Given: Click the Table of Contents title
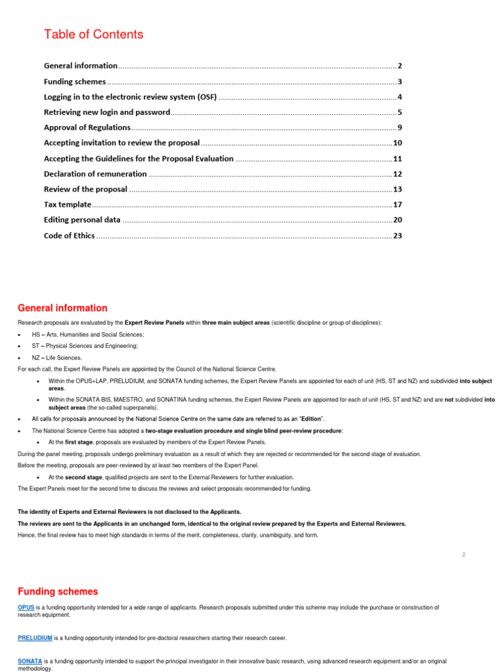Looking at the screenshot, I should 93,34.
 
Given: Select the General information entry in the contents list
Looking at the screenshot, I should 81,66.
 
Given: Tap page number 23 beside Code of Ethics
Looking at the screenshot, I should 397,236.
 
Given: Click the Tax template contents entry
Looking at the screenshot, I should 68,205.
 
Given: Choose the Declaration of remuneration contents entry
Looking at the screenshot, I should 95,174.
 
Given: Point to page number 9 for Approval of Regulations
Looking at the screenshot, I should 399,127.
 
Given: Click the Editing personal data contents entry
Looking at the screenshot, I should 82,220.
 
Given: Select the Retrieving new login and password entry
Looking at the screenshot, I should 107,112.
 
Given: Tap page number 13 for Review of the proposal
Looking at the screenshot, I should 397,190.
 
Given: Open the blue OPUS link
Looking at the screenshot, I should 26,608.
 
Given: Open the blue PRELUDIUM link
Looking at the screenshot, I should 35,637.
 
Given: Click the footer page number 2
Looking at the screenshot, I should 463,555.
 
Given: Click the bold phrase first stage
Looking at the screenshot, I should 79,442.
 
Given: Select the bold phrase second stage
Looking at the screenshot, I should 83,477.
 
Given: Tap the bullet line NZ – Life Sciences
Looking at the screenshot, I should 57,358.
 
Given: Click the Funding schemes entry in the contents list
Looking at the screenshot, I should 75,82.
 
